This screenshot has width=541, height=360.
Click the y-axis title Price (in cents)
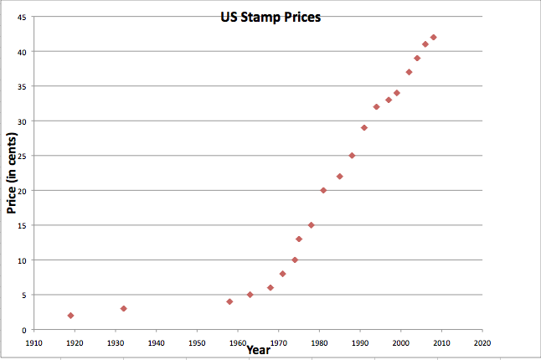pyautogui.click(x=13, y=172)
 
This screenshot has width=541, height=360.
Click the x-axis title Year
pyautogui.click(x=258, y=349)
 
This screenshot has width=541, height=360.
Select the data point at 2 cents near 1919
pyautogui.click(x=70, y=316)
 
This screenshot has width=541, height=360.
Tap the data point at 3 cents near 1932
pyautogui.click(x=123, y=309)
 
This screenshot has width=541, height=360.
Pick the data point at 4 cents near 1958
pyautogui.click(x=229, y=301)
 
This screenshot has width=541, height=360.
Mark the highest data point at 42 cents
pyautogui.click(x=433, y=38)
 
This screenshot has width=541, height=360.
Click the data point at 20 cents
pyautogui.click(x=323, y=190)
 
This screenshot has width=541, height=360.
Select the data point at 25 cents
pyautogui.click(x=352, y=156)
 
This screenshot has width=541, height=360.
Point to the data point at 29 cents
pyautogui.click(x=364, y=128)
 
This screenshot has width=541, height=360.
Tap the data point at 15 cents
pyautogui.click(x=311, y=225)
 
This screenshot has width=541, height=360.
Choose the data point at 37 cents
pyautogui.click(x=409, y=72)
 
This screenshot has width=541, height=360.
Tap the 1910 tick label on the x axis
pyautogui.click(x=33, y=342)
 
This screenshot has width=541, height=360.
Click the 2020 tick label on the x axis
pyautogui.click(x=482, y=342)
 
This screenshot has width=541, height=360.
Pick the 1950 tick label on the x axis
pyautogui.click(x=197, y=342)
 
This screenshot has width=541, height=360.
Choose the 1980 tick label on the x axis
pyautogui.click(x=319, y=342)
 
